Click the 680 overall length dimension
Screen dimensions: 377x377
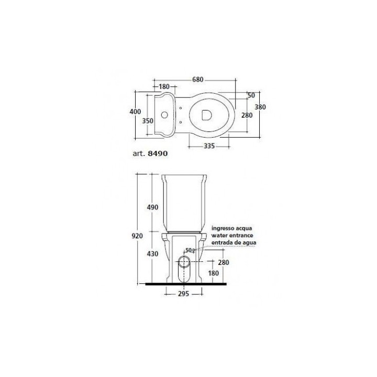click(x=198, y=80)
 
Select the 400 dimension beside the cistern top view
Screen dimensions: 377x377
click(x=135, y=112)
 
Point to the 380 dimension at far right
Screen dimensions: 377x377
click(x=260, y=107)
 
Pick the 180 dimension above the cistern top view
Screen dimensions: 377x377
click(x=163, y=86)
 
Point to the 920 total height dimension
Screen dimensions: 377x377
click(x=138, y=236)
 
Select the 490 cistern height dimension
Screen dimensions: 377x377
click(x=151, y=207)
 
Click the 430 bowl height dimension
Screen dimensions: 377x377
click(x=151, y=253)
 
